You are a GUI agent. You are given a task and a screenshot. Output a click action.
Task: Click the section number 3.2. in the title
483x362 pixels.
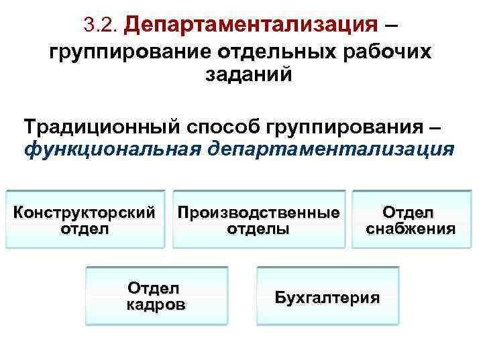coord(102,26)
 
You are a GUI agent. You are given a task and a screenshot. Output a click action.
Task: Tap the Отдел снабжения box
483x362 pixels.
coord(411,220)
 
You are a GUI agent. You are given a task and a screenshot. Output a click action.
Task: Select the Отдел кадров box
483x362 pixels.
coord(156,296)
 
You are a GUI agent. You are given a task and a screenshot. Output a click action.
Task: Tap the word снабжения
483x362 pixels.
coord(411,228)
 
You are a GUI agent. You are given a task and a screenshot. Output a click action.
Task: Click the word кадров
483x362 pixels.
coord(156,304)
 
